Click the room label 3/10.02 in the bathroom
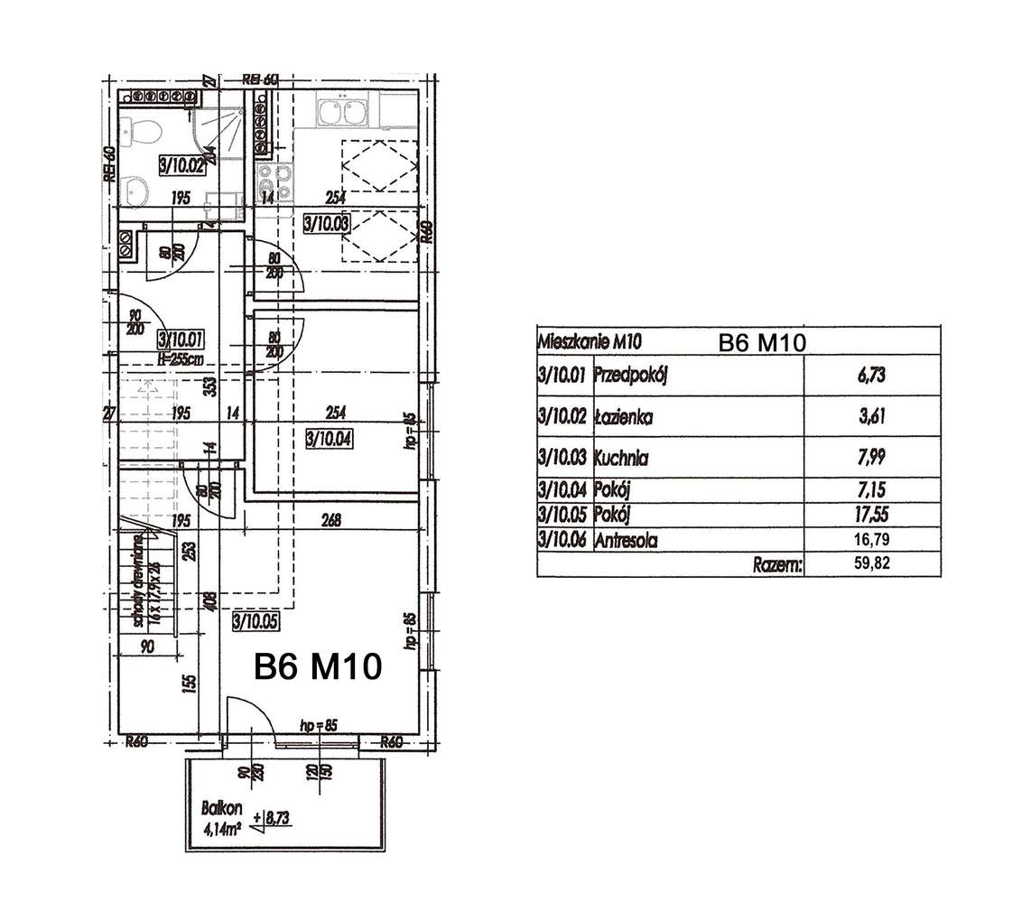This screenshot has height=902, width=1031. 183,164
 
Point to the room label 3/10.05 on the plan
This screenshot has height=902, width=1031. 255,620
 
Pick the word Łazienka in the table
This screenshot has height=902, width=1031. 622,417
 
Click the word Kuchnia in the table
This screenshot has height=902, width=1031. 621,459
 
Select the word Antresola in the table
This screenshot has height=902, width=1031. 625,541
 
